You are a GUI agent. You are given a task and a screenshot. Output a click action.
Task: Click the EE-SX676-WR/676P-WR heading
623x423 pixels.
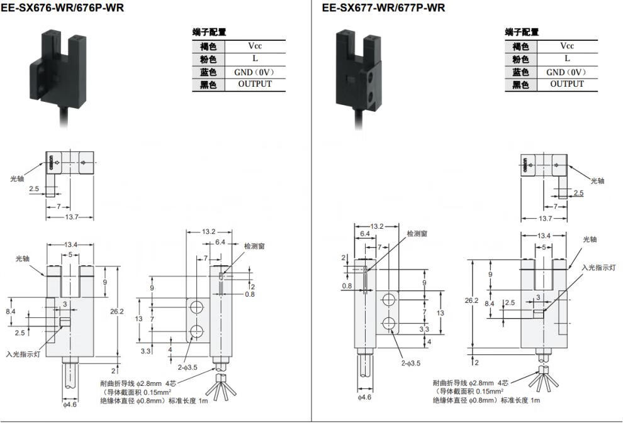(x=62, y=8)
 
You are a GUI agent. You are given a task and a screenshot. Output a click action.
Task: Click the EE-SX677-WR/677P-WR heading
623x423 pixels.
(x=383, y=8)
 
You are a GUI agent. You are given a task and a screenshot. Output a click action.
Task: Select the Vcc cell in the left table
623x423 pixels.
(x=255, y=46)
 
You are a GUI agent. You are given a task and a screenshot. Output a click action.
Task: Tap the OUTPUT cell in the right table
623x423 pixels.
(x=567, y=84)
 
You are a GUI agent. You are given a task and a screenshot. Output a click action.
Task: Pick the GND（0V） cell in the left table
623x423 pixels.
(x=255, y=72)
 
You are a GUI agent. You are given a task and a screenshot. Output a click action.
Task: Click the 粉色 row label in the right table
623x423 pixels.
(x=520, y=60)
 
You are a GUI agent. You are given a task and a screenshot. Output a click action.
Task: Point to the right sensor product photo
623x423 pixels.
(x=359, y=78)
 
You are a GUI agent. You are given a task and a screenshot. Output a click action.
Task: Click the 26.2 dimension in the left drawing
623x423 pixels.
(x=117, y=312)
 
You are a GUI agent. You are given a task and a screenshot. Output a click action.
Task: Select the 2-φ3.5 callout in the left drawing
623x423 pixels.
(x=188, y=368)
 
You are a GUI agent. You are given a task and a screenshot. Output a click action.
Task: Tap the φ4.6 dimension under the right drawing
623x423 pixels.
(x=364, y=397)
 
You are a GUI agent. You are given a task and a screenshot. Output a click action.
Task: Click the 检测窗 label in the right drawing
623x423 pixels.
(x=417, y=234)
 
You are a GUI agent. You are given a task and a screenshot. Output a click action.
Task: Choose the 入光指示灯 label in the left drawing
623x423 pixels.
(x=23, y=354)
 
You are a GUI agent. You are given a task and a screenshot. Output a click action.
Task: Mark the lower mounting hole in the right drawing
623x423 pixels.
(x=390, y=324)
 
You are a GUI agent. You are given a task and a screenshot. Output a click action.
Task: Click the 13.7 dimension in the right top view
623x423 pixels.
(x=545, y=219)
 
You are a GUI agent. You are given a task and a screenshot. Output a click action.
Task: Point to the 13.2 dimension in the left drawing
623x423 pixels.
(x=208, y=232)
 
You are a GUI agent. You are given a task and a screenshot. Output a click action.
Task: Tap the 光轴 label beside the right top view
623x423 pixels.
(x=597, y=181)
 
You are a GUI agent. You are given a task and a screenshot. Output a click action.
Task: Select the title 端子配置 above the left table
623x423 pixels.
(x=209, y=32)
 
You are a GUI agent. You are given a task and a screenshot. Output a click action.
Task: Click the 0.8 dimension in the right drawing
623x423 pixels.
(x=347, y=286)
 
